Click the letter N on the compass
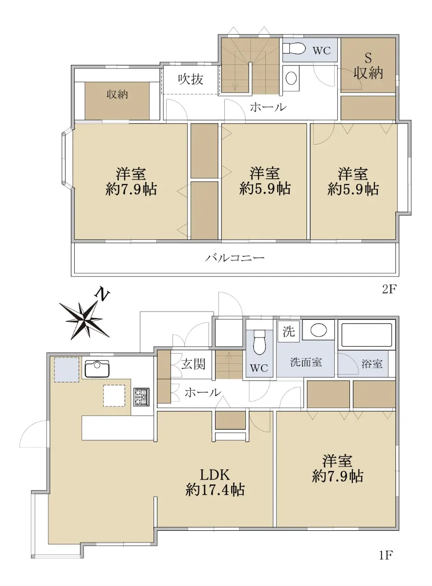[102, 295]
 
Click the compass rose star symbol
[85, 320]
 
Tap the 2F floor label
[389, 289]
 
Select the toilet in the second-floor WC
[294, 49]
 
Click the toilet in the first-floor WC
[259, 342]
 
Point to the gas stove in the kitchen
[141, 397]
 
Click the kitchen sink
[97, 369]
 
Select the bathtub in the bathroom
[367, 335]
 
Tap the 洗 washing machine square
[288, 332]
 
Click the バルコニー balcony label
[235, 258]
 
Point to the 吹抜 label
[191, 79]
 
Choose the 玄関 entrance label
[193, 364]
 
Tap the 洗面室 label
[306, 362]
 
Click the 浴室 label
[372, 364]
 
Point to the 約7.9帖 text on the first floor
[338, 476]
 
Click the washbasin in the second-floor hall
[291, 78]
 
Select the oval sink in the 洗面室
[319, 330]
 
